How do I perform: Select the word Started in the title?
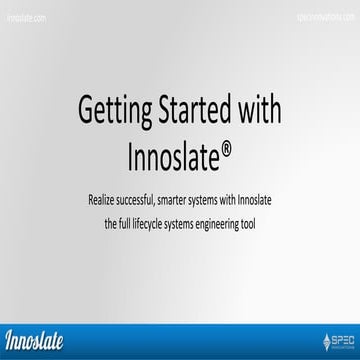tap(190, 111)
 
